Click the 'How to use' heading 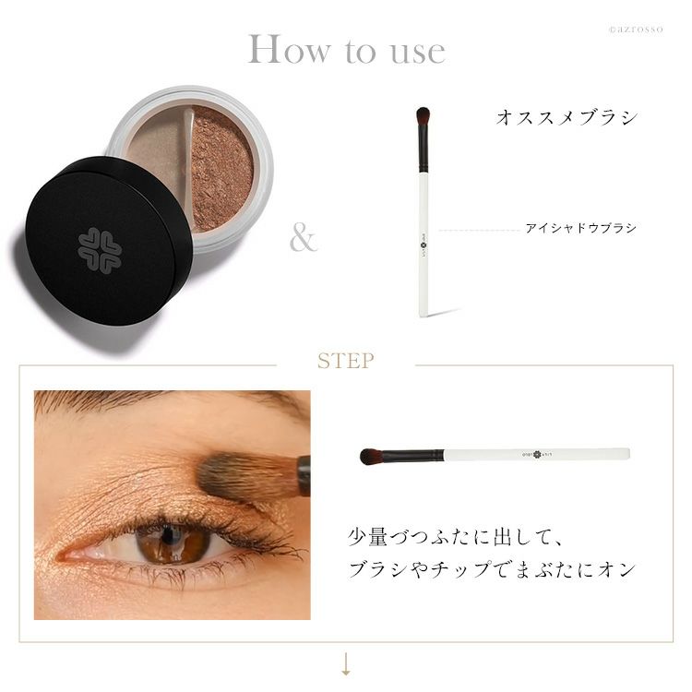(x=346, y=50)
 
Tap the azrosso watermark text (x=636, y=30)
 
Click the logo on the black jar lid (x=100, y=250)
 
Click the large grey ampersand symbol (x=304, y=238)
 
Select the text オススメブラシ (x=567, y=118)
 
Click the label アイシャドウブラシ (x=580, y=228)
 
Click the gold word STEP (x=346, y=361)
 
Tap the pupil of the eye (x=168, y=535)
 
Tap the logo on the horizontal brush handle (x=537, y=454)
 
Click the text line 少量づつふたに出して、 (x=455, y=538)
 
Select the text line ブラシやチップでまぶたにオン (x=491, y=569)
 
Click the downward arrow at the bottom (x=346, y=664)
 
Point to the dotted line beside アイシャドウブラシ (x=479, y=230)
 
